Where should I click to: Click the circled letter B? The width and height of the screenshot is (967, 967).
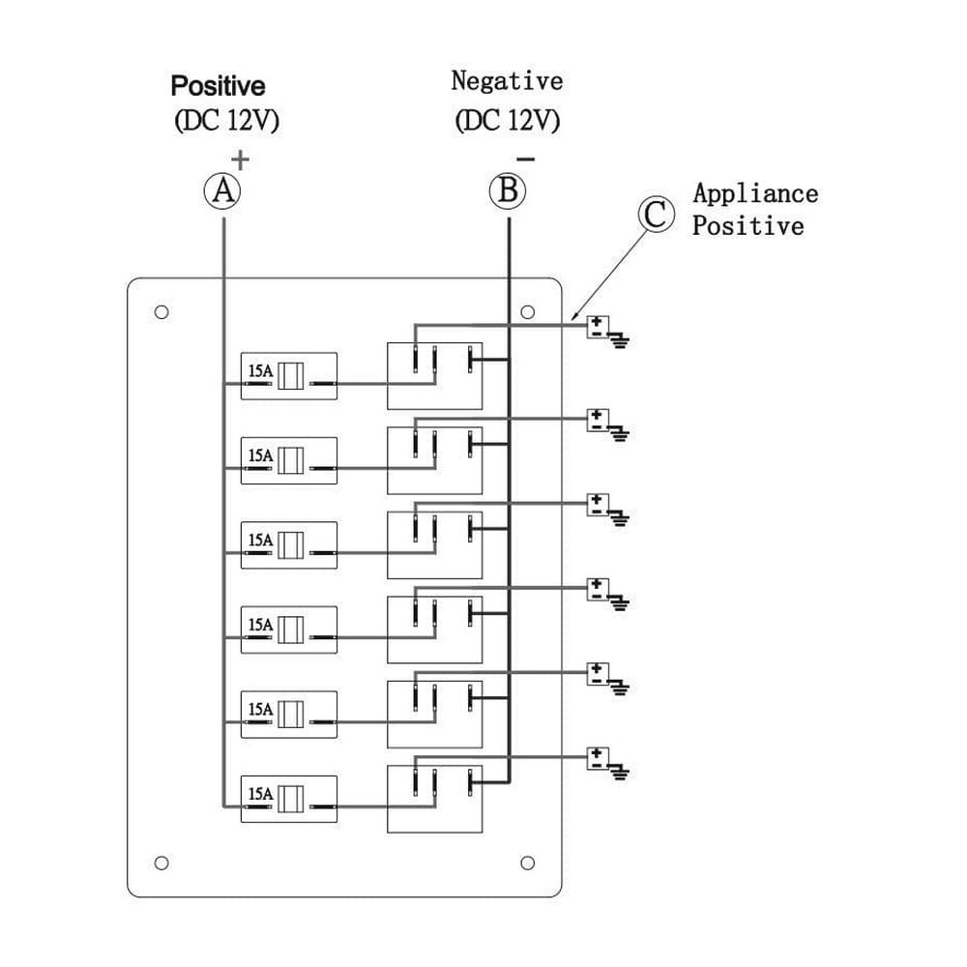508,190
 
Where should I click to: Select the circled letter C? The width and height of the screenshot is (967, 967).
655,215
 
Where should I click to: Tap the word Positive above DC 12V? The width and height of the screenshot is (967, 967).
218,86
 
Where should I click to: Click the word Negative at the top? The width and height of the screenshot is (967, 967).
507,80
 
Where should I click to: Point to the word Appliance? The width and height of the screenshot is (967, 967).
755,192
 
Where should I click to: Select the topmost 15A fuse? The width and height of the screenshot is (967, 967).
288,376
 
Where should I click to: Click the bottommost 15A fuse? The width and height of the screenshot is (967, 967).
288,798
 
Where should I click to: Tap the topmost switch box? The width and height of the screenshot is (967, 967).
433,375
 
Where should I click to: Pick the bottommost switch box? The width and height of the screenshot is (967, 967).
433,798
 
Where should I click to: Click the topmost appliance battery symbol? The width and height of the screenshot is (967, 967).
599,327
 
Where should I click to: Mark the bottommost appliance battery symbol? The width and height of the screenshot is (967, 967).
599,756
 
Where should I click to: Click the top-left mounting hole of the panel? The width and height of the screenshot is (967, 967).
161,312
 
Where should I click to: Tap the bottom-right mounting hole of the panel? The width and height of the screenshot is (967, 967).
528,862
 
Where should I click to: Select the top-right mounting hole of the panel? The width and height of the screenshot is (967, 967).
528,312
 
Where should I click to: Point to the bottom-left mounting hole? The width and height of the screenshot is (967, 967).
161,862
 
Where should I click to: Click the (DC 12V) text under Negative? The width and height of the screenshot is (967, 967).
507,121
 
